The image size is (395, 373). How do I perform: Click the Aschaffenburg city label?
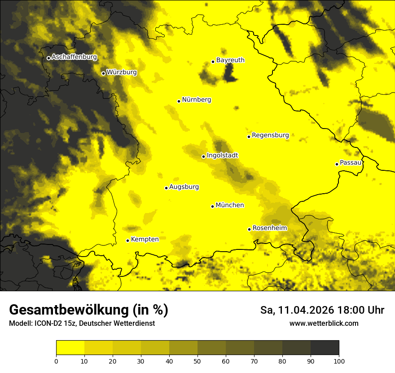(74, 57)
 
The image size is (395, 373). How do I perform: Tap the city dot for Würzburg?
(103, 73)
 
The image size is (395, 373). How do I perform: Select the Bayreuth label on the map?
(230, 60)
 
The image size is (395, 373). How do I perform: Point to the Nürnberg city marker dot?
(179, 101)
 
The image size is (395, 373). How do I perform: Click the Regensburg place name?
(270, 135)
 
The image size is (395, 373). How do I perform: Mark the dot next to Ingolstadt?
(203, 156)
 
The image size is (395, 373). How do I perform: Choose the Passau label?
(351, 163)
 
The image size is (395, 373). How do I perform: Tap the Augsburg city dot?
(166, 188)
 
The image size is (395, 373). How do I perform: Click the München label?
(230, 205)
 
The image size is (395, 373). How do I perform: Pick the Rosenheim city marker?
(249, 229)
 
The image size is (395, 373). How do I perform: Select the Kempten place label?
(145, 239)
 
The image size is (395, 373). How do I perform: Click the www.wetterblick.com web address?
(324, 323)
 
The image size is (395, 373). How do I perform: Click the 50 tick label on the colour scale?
(197, 361)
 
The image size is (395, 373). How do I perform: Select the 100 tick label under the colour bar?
(339, 361)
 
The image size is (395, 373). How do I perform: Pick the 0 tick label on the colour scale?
(56, 361)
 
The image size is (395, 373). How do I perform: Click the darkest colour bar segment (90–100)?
(325, 348)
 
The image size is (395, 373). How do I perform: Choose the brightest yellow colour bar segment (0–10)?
(70, 348)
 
